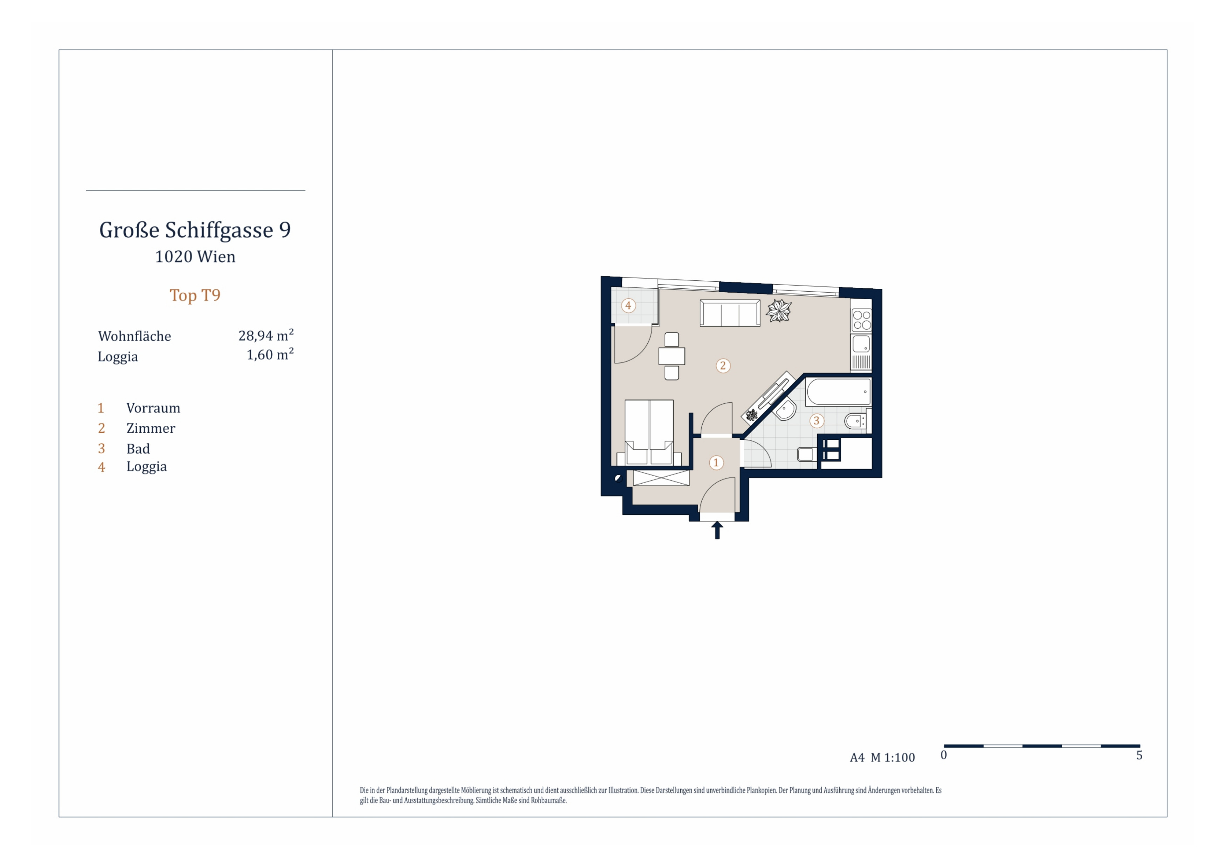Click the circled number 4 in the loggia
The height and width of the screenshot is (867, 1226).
628,306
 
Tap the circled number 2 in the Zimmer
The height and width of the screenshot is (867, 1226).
723,366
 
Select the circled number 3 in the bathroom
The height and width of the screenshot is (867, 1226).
816,421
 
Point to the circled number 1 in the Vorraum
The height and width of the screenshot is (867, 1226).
716,463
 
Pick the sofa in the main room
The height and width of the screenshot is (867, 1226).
730,313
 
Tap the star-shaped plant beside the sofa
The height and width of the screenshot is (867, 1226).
779,311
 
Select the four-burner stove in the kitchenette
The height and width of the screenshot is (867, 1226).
861,320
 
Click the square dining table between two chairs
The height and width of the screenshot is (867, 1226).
672,356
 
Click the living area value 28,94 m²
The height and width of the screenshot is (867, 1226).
266,335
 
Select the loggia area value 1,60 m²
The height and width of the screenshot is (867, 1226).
270,354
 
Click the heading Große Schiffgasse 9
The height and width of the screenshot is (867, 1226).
195,230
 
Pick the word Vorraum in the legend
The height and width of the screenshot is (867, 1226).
153,408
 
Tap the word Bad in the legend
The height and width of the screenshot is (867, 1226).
138,449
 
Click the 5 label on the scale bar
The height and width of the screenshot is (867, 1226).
1139,755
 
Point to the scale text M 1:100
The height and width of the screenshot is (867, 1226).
893,758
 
